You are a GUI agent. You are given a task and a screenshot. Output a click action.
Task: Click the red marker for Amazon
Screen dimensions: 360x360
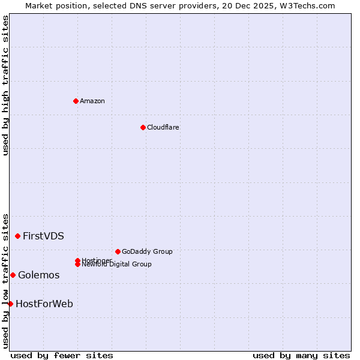76,101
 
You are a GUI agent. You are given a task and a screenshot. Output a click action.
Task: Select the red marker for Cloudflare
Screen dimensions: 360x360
143,127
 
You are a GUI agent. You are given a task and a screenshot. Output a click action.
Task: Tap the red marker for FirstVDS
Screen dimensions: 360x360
17,236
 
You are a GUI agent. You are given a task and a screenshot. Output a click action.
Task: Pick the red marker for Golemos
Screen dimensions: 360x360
13,275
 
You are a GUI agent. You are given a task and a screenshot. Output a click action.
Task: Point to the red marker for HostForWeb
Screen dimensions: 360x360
10,304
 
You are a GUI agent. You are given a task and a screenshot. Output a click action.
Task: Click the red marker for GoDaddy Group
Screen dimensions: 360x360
118,251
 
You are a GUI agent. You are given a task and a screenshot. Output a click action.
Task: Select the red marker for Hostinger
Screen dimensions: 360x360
77,260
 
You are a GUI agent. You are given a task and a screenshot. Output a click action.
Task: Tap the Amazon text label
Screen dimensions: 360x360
92,101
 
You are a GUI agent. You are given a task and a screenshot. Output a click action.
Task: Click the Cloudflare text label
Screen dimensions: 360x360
163,127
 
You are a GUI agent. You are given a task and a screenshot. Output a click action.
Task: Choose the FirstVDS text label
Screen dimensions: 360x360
43,236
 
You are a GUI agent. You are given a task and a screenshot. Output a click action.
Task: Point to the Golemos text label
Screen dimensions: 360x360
39,275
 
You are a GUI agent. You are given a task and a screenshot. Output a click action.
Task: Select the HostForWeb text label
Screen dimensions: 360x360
44,304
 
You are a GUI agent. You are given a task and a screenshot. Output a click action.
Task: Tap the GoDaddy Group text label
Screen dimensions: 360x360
147,251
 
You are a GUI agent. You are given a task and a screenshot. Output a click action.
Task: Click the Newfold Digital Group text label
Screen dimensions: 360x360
117,265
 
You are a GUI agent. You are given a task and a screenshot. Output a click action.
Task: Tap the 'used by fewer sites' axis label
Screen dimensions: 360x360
62,355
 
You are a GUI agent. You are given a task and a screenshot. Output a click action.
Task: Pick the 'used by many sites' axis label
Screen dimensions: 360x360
301,355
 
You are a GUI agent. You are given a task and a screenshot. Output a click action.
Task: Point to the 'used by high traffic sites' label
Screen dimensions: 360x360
5,85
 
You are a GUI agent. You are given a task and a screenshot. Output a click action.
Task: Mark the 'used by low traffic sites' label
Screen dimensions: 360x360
5,281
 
